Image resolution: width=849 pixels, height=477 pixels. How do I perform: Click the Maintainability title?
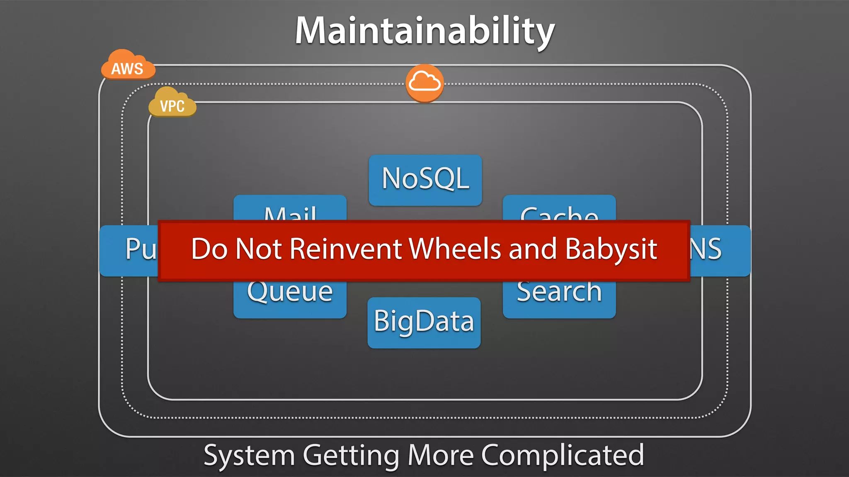click(424, 31)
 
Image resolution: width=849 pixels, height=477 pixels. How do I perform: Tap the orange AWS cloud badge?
click(128, 66)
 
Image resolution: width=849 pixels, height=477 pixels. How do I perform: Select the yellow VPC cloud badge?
click(172, 104)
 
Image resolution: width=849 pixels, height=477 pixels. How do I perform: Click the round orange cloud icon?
click(424, 83)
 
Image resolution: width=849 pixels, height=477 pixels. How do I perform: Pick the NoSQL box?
click(425, 179)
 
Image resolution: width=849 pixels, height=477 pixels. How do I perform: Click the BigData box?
click(424, 322)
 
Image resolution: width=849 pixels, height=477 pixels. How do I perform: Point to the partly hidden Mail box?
click(290, 209)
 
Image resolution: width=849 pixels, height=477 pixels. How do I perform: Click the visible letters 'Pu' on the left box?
click(140, 249)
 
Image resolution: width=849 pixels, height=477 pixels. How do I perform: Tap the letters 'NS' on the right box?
click(706, 249)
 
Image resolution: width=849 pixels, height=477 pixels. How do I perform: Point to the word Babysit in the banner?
click(611, 249)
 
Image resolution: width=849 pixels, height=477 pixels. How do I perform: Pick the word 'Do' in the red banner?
click(209, 249)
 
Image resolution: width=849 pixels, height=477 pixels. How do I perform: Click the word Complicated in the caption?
click(562, 455)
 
